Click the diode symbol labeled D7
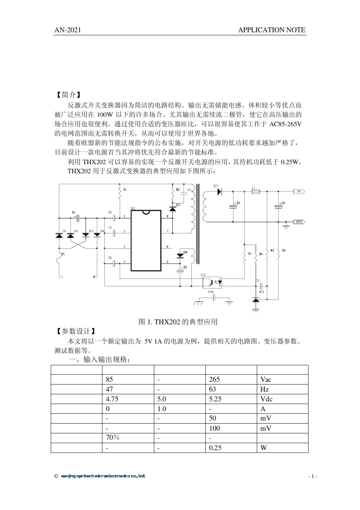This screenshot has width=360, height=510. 219,192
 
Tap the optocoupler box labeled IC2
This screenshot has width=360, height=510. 213,282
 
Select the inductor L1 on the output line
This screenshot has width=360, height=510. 255,192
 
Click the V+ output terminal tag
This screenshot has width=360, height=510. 299,192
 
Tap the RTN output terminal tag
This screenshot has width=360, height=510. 299,222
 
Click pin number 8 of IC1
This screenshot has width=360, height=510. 167,216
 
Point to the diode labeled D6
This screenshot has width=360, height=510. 180,256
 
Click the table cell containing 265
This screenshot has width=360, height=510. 231,380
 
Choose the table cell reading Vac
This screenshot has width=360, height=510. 282,380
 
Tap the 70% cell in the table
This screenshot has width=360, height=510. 128,438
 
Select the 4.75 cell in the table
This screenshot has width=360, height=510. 128,399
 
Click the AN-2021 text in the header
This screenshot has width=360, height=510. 68,30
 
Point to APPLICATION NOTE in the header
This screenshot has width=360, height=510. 271,30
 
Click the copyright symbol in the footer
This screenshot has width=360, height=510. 56,476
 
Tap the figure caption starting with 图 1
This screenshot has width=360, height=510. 178,322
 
